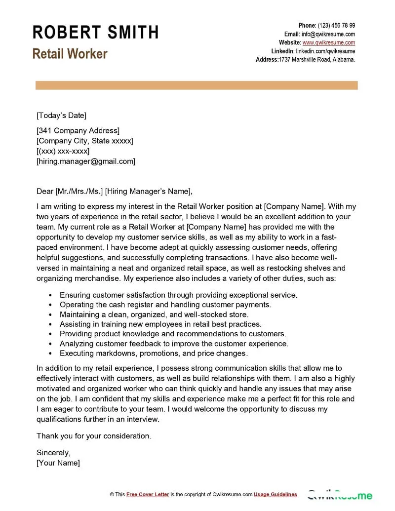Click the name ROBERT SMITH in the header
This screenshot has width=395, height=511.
[x=95, y=33]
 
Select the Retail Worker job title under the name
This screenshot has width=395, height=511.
[x=70, y=54]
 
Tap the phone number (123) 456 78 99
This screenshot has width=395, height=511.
[x=336, y=26]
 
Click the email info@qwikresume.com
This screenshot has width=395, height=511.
[x=328, y=34]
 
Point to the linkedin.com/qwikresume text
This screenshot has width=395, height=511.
[x=325, y=51]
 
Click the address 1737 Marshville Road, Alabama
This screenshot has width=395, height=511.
[x=317, y=60]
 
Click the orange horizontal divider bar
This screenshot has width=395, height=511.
[x=197, y=86]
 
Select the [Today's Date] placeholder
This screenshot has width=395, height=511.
[x=61, y=116]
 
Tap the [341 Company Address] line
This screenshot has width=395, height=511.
[x=78, y=131]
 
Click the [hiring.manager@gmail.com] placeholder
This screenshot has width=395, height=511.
[x=86, y=161]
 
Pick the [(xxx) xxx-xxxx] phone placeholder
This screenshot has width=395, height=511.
[x=63, y=151]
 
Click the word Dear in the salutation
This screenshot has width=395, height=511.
[x=45, y=192]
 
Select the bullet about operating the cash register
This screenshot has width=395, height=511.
[x=165, y=305]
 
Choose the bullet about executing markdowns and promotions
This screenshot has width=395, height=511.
[x=154, y=353]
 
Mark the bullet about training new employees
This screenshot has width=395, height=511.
[x=160, y=324]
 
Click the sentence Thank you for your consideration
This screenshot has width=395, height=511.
[x=94, y=436]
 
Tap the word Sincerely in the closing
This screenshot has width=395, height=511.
[x=53, y=452]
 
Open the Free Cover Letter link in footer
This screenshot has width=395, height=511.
[x=148, y=494]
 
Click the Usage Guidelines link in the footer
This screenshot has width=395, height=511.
[x=276, y=494]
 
